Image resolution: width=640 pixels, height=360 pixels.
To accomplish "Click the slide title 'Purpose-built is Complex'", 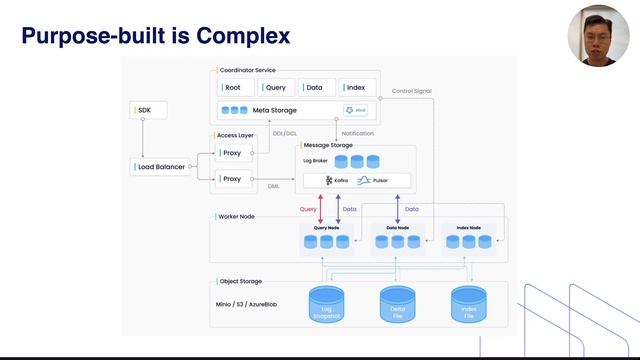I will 156,36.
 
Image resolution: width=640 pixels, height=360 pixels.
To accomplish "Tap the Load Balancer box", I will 161,167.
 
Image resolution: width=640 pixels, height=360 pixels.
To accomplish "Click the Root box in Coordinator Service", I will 236,88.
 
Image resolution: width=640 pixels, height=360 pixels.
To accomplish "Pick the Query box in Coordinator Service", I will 277,88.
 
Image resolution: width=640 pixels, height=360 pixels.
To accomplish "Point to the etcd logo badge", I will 355,110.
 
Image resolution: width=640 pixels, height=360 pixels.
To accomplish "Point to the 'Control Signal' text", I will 411,91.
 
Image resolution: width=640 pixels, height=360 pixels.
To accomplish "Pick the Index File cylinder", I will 468,306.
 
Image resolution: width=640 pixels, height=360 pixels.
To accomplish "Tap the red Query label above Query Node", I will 308,209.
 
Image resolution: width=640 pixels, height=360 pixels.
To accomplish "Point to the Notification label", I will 358,133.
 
